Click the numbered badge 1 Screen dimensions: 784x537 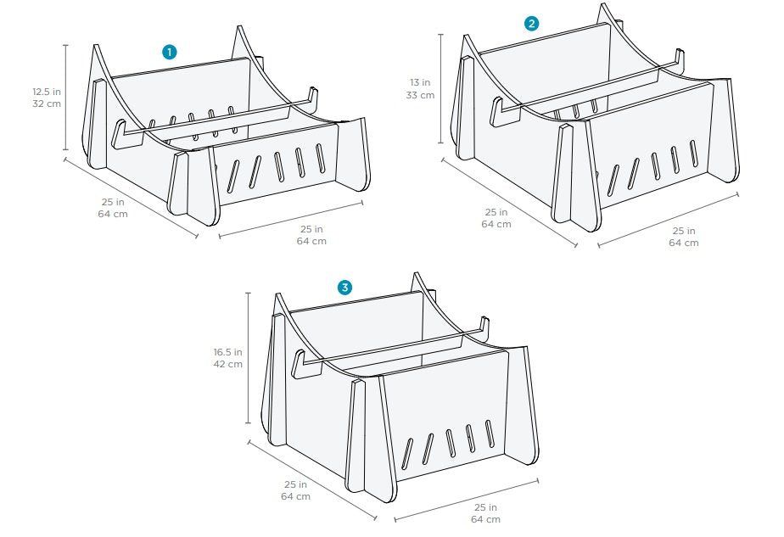[x=170, y=52]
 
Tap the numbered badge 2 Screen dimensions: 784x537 [x=531, y=24]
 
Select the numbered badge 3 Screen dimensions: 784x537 [x=344, y=288]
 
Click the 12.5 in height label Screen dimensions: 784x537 [x=47, y=92]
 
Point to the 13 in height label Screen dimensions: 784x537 [x=420, y=82]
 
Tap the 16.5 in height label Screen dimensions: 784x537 [x=228, y=352]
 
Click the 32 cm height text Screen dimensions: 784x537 [x=47, y=104]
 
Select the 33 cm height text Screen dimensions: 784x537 [x=420, y=95]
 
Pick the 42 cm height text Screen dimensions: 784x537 [x=228, y=364]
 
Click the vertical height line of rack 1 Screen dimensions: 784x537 [x=65, y=97]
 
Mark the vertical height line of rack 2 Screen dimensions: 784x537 [x=440, y=88]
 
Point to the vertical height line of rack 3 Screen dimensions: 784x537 [x=249, y=358]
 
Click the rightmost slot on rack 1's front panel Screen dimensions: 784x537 [x=321, y=158]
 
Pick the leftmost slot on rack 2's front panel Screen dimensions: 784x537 [x=613, y=180]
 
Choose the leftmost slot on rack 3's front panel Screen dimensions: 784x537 [x=407, y=454]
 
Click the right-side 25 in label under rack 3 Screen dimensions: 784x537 [x=485, y=507]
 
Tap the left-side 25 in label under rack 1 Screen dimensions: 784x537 [x=113, y=202]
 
